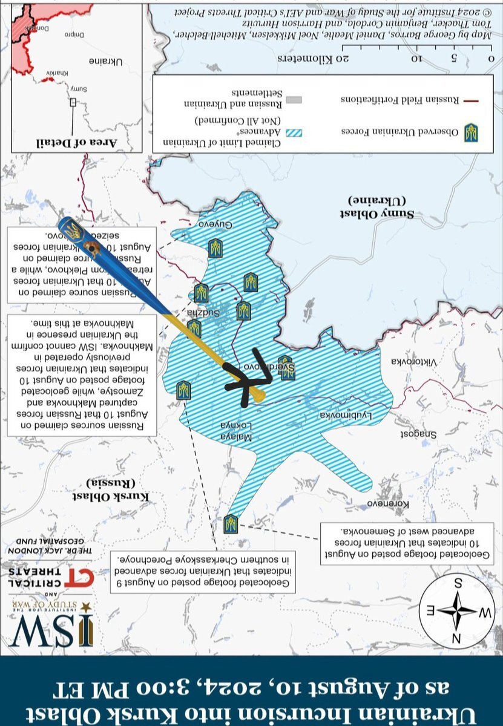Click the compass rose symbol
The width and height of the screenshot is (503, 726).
(458, 610)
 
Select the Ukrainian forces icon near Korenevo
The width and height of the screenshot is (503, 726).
(230, 524)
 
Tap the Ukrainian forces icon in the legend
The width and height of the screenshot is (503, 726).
(470, 132)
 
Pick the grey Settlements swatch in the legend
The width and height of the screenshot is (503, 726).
(294, 99)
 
